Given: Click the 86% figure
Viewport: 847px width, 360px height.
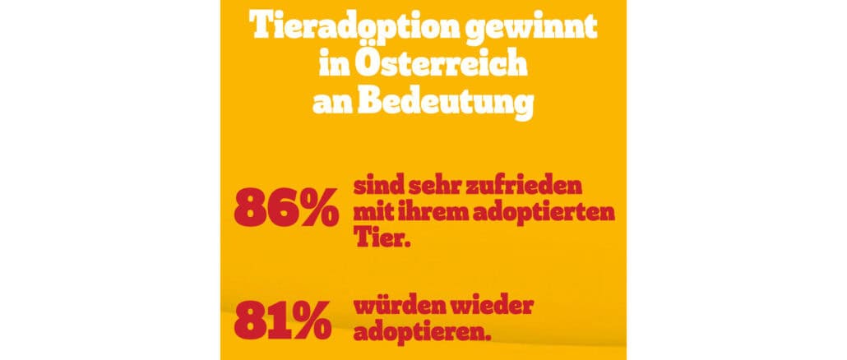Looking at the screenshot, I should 285,209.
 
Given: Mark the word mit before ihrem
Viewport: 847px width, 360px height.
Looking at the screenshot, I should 376,213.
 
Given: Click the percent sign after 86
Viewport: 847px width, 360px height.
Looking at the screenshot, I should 315,210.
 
